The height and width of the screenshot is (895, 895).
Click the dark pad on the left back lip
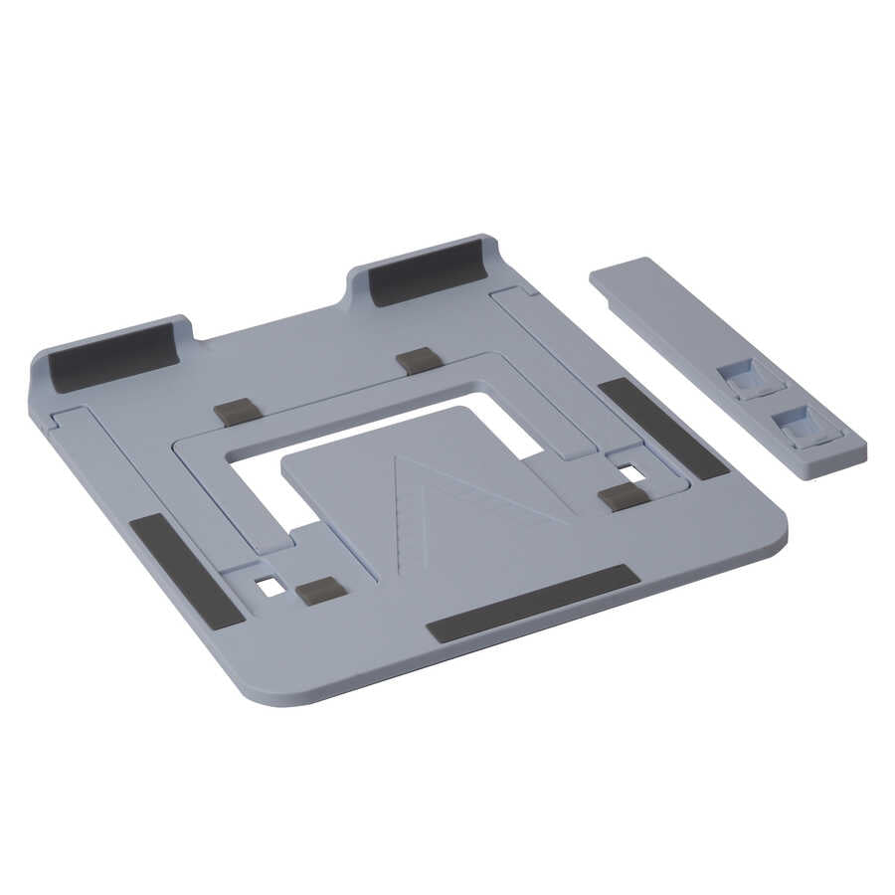[x=114, y=356]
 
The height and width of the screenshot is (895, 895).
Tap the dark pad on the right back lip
[x=426, y=270]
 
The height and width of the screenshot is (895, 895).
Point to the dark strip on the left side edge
[x=186, y=571]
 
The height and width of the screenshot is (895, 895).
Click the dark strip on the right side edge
[x=663, y=428]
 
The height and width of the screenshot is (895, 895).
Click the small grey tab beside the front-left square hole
[x=321, y=592]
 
